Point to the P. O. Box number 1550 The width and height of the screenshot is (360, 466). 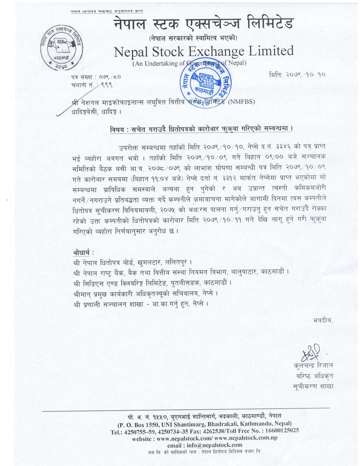click(x=158, y=424)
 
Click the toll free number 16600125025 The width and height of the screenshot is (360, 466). click(x=281, y=431)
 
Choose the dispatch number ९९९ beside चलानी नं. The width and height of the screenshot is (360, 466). click(x=106, y=84)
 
